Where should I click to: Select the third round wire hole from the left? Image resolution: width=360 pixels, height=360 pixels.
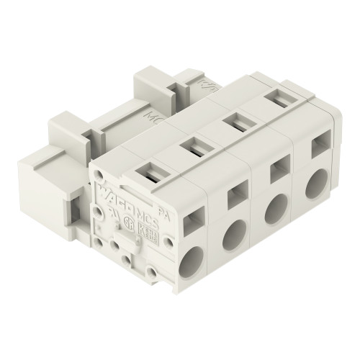(x=274, y=210)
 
